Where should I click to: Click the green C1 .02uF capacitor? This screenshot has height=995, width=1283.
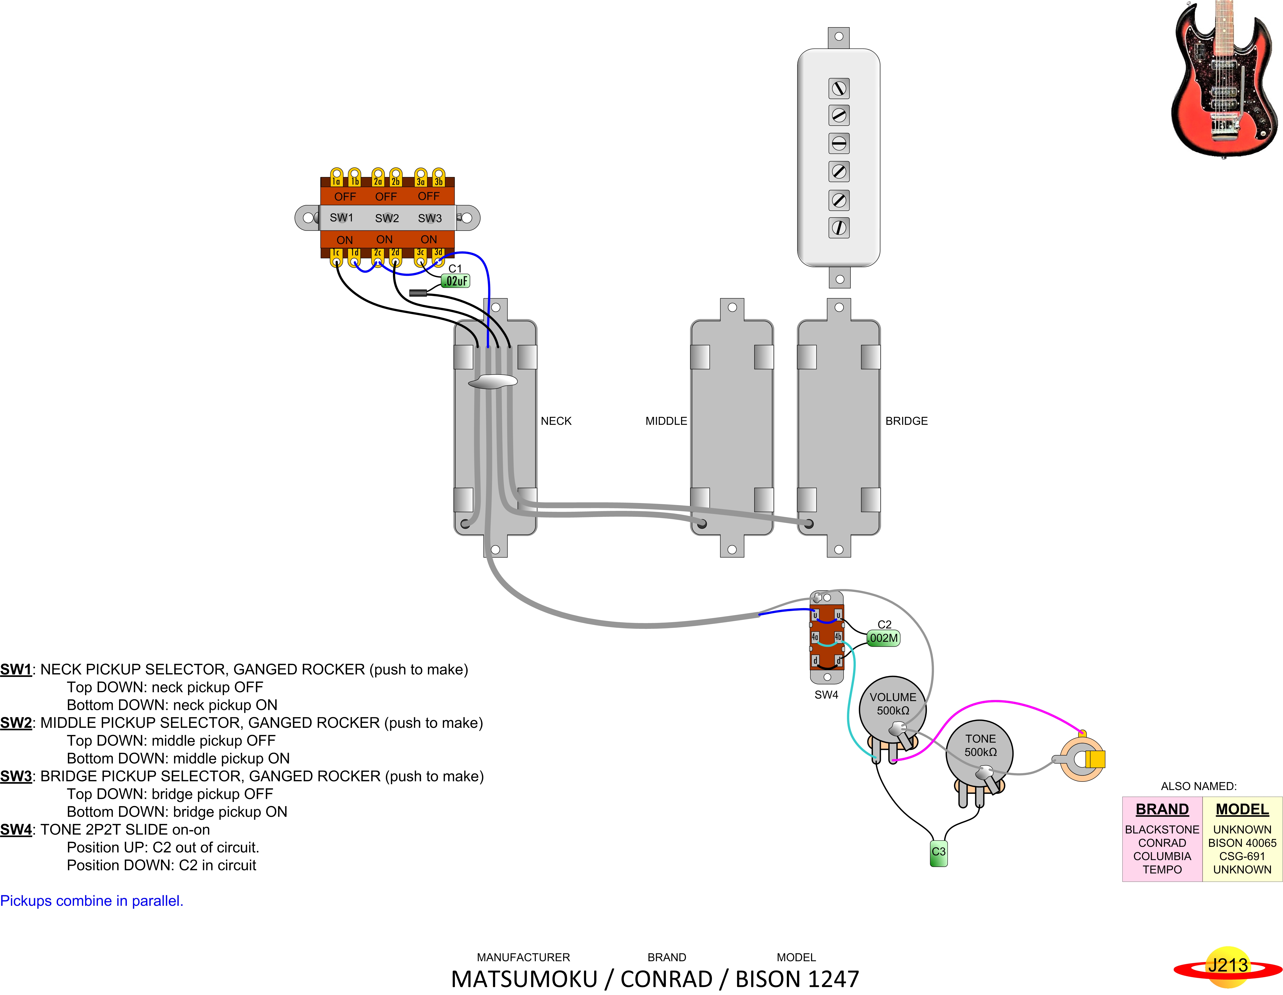coord(456,281)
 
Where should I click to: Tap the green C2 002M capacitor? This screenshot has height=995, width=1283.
coord(884,638)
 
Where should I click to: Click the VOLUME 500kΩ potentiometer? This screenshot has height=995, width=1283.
coord(893,714)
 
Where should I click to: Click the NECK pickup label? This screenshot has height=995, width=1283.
coord(556,421)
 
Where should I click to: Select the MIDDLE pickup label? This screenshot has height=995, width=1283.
coord(666,421)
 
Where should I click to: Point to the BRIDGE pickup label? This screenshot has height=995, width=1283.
coord(907,421)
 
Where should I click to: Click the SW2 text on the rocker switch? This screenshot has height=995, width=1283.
coord(387,219)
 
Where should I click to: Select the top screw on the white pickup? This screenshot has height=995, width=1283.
coord(839,89)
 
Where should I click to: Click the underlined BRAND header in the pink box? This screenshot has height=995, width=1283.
coord(1162,809)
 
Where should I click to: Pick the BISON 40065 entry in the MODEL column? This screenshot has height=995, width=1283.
coord(1242,843)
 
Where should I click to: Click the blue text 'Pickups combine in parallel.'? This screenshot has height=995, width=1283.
coord(92,901)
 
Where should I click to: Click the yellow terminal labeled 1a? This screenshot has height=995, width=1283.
coord(336,177)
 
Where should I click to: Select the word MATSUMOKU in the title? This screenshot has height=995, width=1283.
coord(524,979)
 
